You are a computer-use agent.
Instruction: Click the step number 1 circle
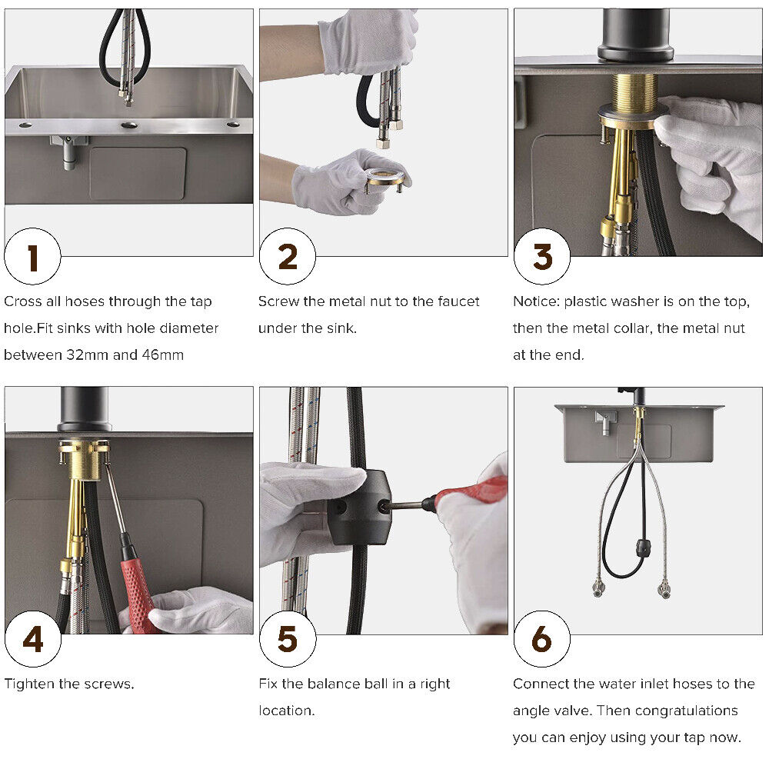coord(32,257)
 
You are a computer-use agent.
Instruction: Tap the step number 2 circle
coord(287,257)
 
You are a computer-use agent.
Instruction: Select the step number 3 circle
coord(542,257)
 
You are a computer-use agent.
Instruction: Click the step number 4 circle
coord(32,639)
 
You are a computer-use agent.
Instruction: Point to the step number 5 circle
coord(287,639)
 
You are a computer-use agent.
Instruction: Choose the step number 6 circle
coord(542,639)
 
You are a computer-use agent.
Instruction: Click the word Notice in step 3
coord(535,301)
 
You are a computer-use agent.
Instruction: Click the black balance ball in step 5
coord(361,508)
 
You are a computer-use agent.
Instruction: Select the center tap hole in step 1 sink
coord(129,125)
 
